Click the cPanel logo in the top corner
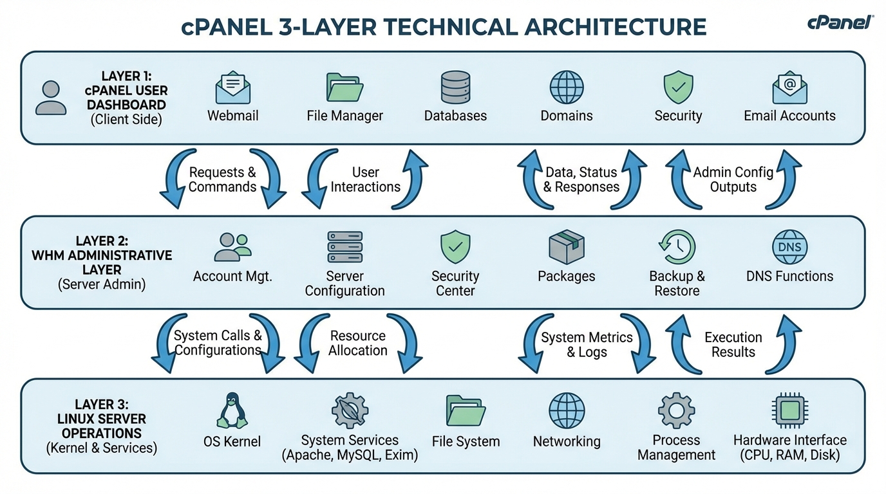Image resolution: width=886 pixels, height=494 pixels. (x=840, y=23)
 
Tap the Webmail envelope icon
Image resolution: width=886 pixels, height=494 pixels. (x=232, y=88)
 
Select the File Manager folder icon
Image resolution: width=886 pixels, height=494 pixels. (x=344, y=87)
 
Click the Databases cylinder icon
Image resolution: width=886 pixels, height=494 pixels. (x=455, y=87)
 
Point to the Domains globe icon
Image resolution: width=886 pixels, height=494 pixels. (x=567, y=87)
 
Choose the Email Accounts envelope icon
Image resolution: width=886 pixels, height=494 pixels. (x=789, y=87)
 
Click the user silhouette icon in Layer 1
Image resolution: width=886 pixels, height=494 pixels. (x=51, y=98)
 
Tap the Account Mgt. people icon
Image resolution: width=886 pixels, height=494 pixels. (x=232, y=247)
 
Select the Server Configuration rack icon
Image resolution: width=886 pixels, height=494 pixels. (x=344, y=247)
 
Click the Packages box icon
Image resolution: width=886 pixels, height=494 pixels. (x=567, y=247)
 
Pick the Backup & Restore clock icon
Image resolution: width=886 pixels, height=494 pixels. (x=677, y=247)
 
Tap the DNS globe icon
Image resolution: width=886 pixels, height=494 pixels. (x=789, y=247)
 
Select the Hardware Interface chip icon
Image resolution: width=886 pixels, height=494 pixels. (x=789, y=410)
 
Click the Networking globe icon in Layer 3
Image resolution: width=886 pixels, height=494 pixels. (x=567, y=410)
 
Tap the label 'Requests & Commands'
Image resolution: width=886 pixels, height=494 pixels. (x=222, y=179)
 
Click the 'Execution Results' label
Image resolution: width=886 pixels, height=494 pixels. (x=733, y=344)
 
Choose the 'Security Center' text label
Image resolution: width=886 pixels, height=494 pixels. (x=455, y=283)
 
